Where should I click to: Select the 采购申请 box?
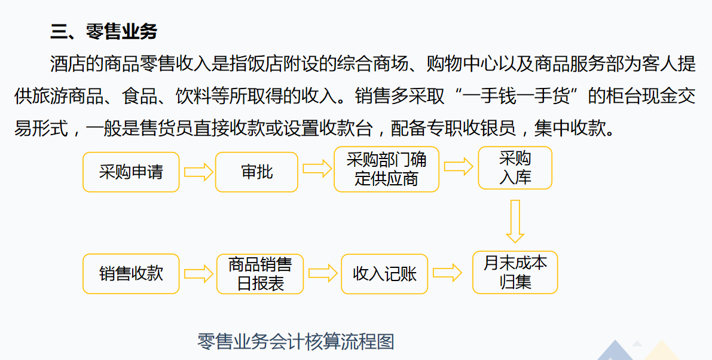[x=130, y=172]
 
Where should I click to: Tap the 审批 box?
[x=256, y=172]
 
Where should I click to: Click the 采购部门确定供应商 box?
[x=386, y=169]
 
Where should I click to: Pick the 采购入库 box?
[x=515, y=168]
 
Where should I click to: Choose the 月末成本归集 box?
[x=515, y=272]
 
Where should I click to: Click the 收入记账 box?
[x=384, y=274]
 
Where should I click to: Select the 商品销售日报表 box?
[x=260, y=274]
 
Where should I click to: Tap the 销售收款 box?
[x=130, y=274]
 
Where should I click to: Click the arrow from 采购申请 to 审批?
[x=198, y=172]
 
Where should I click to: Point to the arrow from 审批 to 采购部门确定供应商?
[x=316, y=169]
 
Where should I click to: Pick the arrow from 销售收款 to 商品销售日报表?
[x=198, y=274]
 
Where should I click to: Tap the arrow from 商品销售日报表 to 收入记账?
[x=323, y=274]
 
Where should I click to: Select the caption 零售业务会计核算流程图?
[x=295, y=341]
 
